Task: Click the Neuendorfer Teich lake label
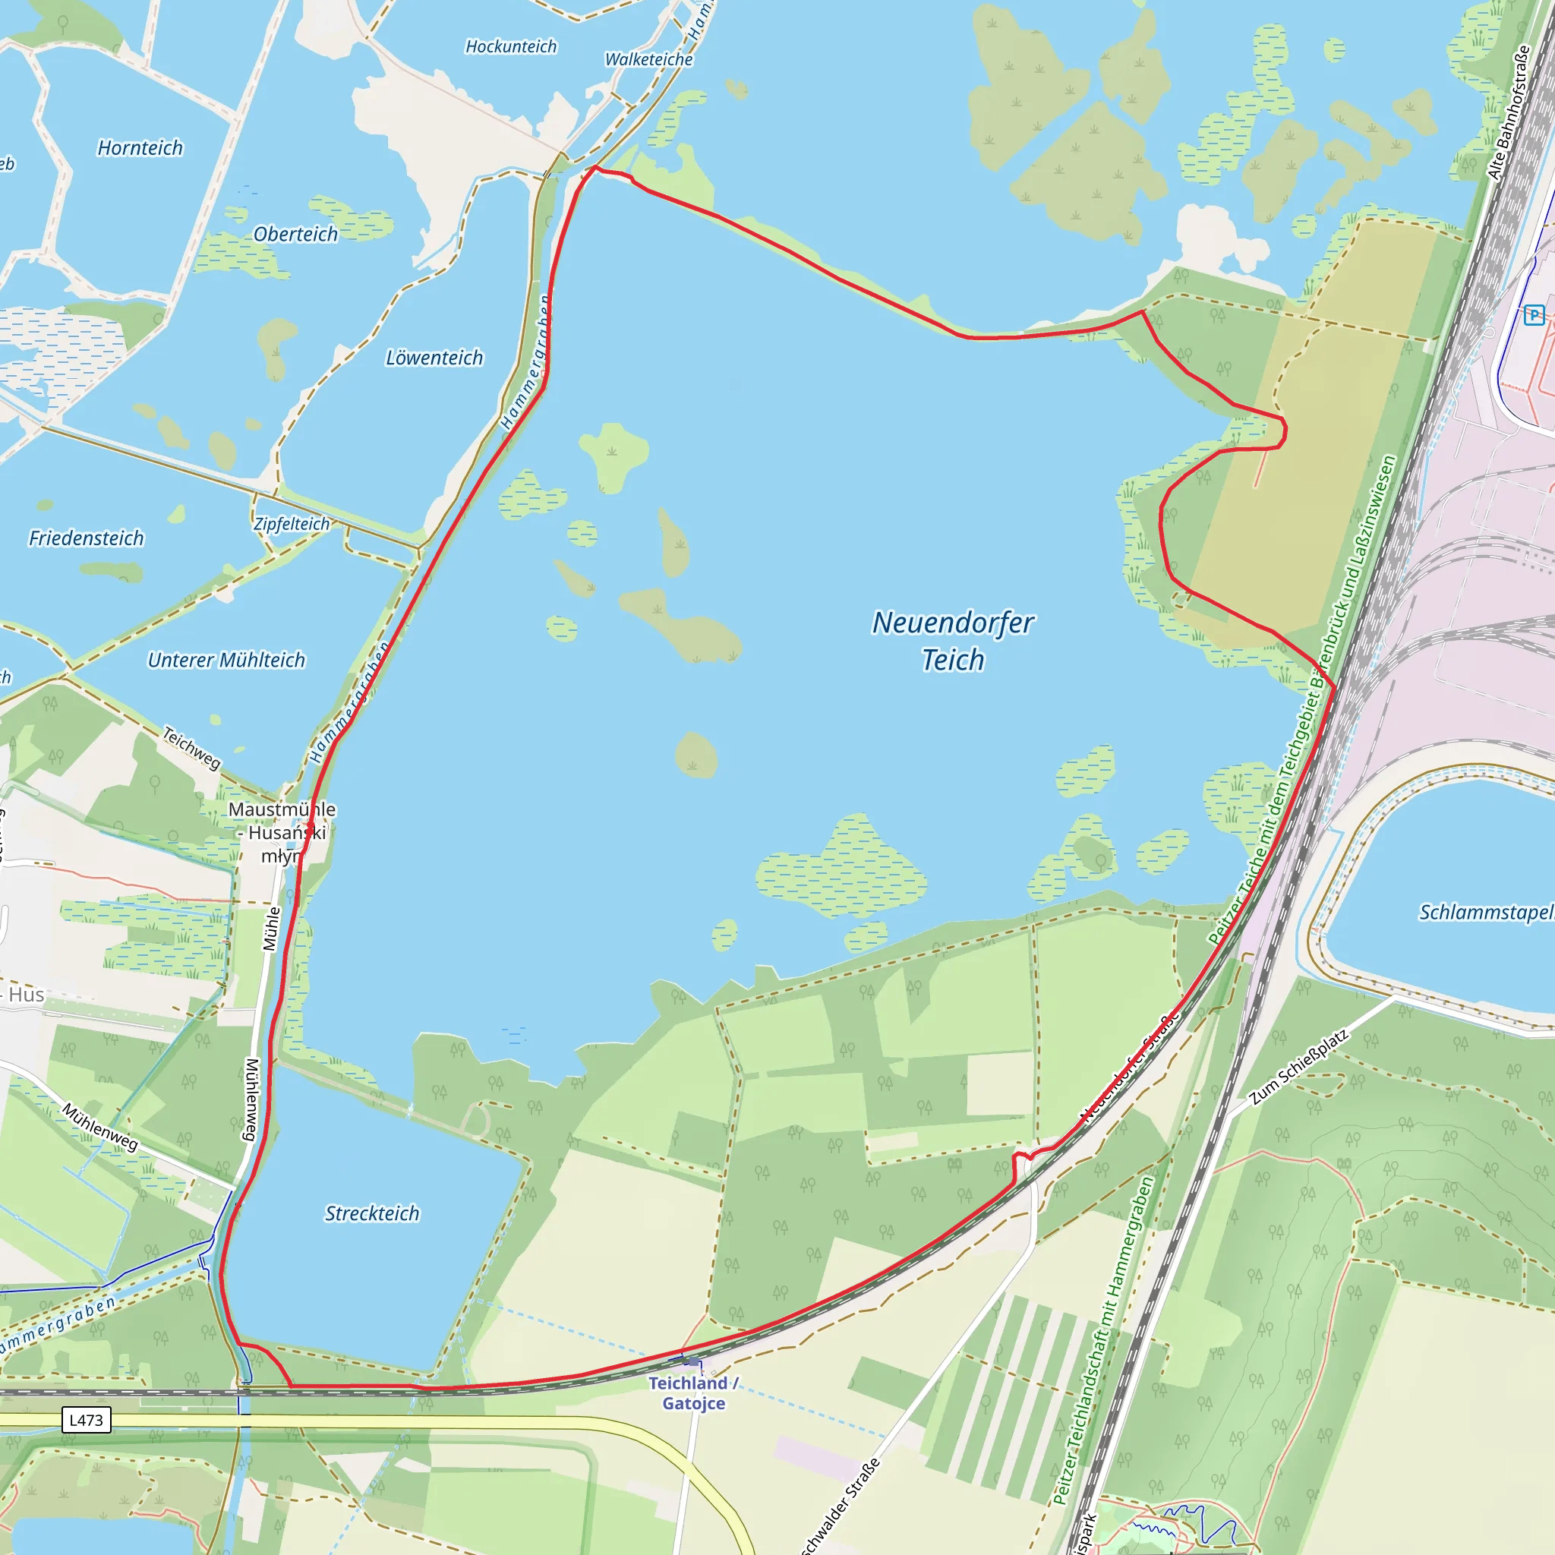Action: (953, 641)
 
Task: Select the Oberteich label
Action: (295, 234)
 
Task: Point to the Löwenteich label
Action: (434, 358)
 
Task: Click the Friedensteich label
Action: (86, 538)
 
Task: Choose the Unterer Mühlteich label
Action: (226, 660)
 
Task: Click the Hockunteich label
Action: (511, 46)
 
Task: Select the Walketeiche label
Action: (648, 59)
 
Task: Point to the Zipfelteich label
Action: (292, 524)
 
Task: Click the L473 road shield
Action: (86, 1420)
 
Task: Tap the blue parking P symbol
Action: (1533, 314)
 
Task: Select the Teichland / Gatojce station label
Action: (693, 1393)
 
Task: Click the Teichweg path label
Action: (191, 748)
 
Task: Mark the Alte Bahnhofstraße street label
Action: (1509, 112)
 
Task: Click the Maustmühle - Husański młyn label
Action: (282, 832)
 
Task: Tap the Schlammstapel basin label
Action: (1486, 912)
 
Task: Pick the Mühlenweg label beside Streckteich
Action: (251, 1099)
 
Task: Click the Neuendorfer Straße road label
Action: (1128, 1069)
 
